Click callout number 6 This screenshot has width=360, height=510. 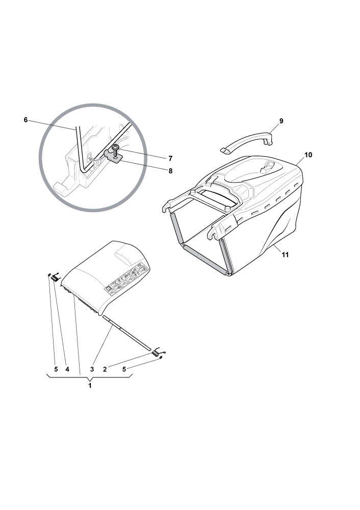point(25,120)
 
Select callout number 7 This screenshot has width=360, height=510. point(170,159)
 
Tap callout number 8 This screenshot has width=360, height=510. point(170,171)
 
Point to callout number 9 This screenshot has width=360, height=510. point(281,121)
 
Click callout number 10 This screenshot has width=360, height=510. point(308,155)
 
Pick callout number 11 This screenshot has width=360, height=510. point(285,254)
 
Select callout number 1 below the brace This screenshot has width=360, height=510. point(90,386)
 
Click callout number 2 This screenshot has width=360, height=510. point(105,369)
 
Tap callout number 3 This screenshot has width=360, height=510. point(92,369)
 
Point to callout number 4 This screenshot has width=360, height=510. point(67,369)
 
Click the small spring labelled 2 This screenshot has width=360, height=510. point(157,352)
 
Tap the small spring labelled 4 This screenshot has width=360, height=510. point(55,277)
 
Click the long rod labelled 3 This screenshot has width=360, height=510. point(127,334)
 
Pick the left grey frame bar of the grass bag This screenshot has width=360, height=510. point(175,227)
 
